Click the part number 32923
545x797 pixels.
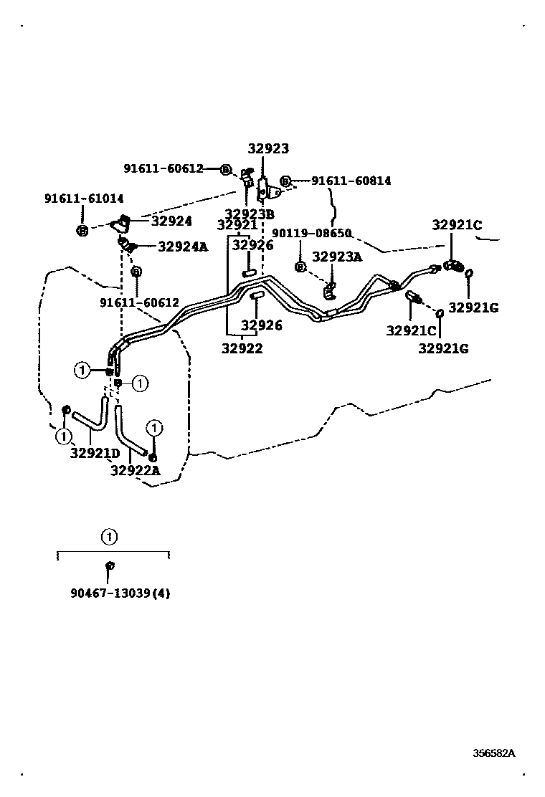click(x=268, y=149)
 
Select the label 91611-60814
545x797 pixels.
click(x=351, y=181)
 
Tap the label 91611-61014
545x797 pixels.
click(x=83, y=199)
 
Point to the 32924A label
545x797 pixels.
click(x=182, y=247)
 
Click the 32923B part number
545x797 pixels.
click(x=250, y=214)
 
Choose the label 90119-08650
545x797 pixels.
click(x=311, y=234)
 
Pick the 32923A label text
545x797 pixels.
click(x=337, y=257)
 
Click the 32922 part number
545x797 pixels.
click(x=242, y=349)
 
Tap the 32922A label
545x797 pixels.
click(x=135, y=470)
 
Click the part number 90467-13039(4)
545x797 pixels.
click(x=120, y=593)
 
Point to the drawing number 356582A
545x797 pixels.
click(x=493, y=753)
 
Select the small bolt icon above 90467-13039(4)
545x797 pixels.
click(x=110, y=566)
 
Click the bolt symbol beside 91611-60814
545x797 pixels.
click(x=285, y=181)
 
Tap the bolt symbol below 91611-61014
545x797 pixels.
click(x=82, y=231)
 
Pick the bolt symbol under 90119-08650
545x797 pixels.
click(x=300, y=267)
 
